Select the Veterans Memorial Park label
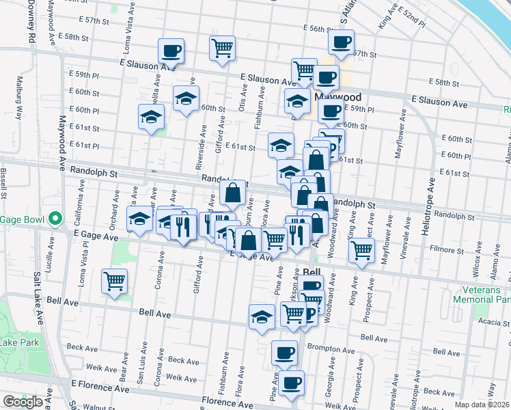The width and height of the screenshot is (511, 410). coord(482,295)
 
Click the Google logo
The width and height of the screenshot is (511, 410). coord(23,401)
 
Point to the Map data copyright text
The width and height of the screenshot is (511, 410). coord(482,405)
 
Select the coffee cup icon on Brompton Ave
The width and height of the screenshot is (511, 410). coord(284,353)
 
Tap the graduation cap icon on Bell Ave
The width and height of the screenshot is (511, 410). coord(262,316)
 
